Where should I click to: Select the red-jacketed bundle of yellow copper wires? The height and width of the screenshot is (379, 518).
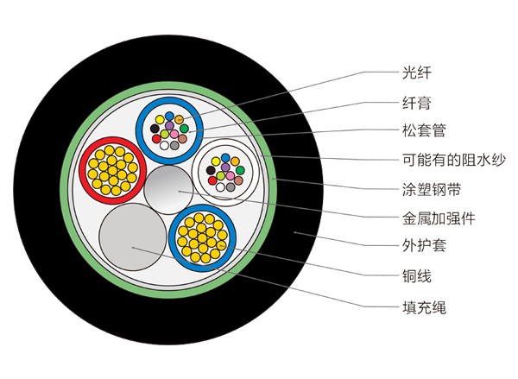[111, 167]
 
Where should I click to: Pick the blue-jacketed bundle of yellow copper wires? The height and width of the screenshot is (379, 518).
[202, 236]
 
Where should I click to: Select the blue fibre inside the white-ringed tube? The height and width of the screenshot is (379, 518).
[225, 161]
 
